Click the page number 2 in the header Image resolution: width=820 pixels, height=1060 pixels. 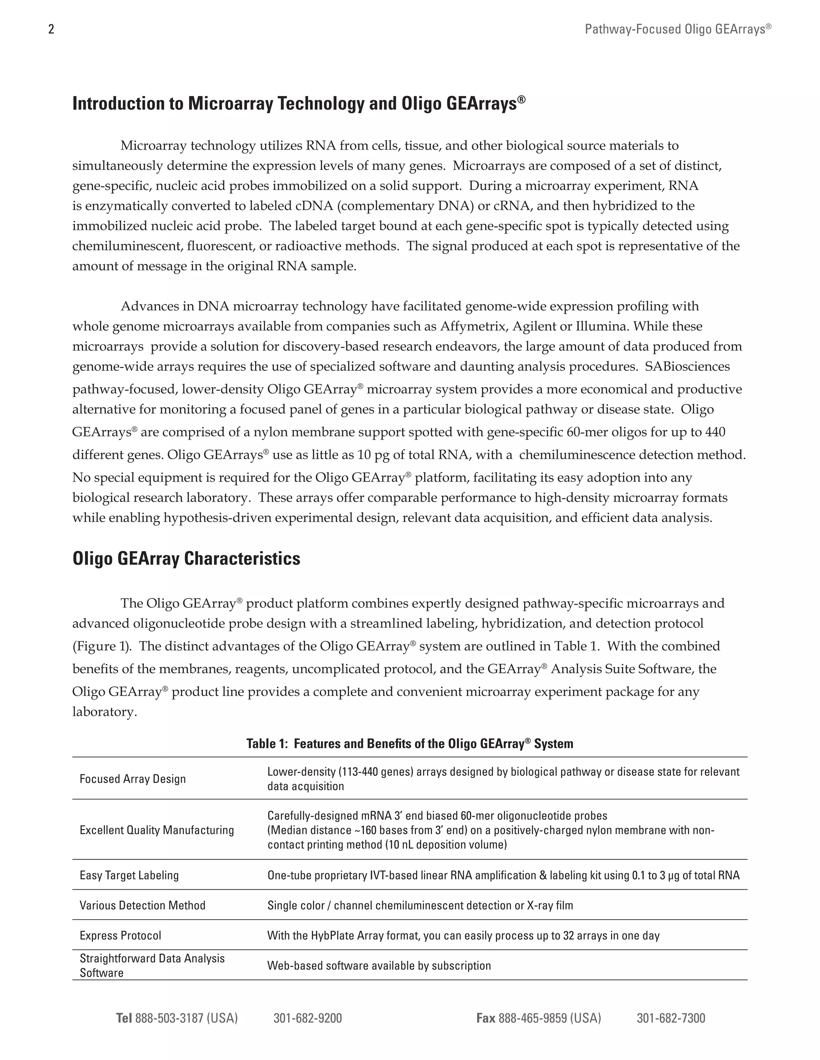[52, 30]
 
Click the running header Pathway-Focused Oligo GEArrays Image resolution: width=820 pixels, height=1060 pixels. [678, 30]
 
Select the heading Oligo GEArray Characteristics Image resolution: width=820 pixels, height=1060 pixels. [186, 559]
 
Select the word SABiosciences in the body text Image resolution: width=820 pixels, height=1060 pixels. [687, 366]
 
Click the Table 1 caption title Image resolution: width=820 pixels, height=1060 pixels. [410, 744]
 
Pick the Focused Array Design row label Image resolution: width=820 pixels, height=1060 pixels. [133, 779]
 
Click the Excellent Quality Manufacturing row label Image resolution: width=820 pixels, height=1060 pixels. [157, 830]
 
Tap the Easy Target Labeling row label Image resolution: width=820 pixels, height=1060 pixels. [129, 875]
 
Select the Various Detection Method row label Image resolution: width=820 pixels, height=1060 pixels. [142, 905]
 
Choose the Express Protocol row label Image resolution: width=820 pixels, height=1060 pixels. [121, 935]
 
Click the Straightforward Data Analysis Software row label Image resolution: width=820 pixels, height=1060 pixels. [152, 965]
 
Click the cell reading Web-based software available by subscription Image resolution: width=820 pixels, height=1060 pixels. [379, 965]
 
